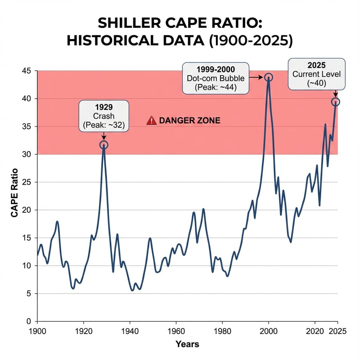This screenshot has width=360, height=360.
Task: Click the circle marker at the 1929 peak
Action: tap(104, 145)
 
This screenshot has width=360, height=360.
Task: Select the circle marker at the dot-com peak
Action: tap(269, 77)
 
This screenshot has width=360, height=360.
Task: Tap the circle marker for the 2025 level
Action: tap(335, 102)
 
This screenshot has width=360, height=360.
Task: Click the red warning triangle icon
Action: tap(151, 121)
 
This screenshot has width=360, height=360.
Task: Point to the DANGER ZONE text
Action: tap(189, 121)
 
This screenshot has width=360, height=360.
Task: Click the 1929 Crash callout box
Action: tap(104, 116)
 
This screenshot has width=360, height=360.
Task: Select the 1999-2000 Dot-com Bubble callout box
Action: tap(216, 78)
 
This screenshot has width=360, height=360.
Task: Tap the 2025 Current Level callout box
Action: tap(316, 74)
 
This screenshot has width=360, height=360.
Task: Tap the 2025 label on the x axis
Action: tap(338, 331)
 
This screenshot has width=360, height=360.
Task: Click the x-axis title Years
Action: tap(187, 344)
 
